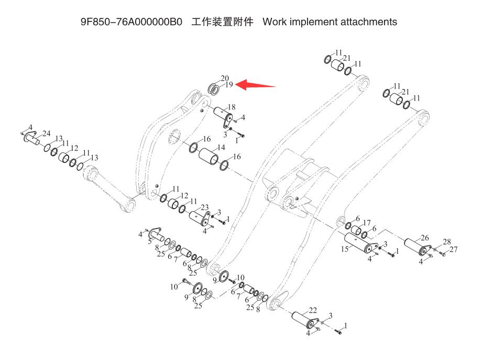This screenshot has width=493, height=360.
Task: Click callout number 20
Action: point(225,78)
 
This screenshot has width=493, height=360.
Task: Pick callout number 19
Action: point(229,84)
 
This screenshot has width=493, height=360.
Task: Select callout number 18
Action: point(231,107)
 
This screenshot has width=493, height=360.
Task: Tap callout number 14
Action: point(221,148)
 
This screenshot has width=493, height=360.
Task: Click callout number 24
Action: point(46,133)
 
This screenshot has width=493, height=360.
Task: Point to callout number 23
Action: point(205,207)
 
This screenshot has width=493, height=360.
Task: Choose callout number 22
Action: point(312,310)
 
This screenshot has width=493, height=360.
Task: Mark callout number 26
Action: point(425,237)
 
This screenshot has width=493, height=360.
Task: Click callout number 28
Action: point(447,242)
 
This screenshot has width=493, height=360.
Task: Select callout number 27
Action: point(454,249)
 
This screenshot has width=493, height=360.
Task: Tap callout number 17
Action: point(367,222)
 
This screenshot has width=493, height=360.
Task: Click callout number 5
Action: point(149,242)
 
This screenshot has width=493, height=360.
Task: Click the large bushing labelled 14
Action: point(210,157)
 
